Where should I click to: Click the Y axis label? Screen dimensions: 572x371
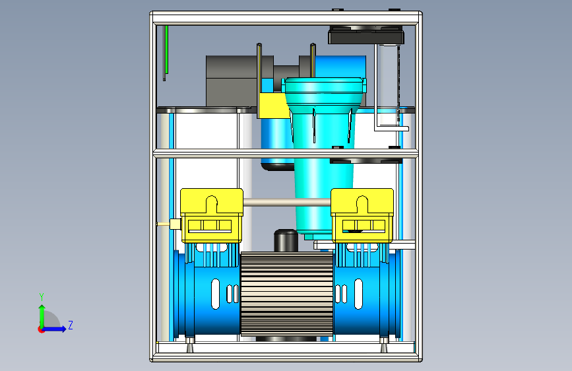(x=42, y=296)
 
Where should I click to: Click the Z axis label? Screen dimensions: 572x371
(x=71, y=325)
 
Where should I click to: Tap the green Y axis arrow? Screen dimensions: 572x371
(x=42, y=317)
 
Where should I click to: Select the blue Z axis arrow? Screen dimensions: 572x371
(x=53, y=329)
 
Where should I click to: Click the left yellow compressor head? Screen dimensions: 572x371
(x=212, y=215)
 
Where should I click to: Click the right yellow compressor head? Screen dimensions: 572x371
(x=362, y=215)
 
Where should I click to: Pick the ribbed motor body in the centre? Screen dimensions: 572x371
(x=287, y=294)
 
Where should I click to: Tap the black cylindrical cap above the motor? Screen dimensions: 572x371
(x=286, y=240)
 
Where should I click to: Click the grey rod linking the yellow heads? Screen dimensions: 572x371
(x=287, y=202)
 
